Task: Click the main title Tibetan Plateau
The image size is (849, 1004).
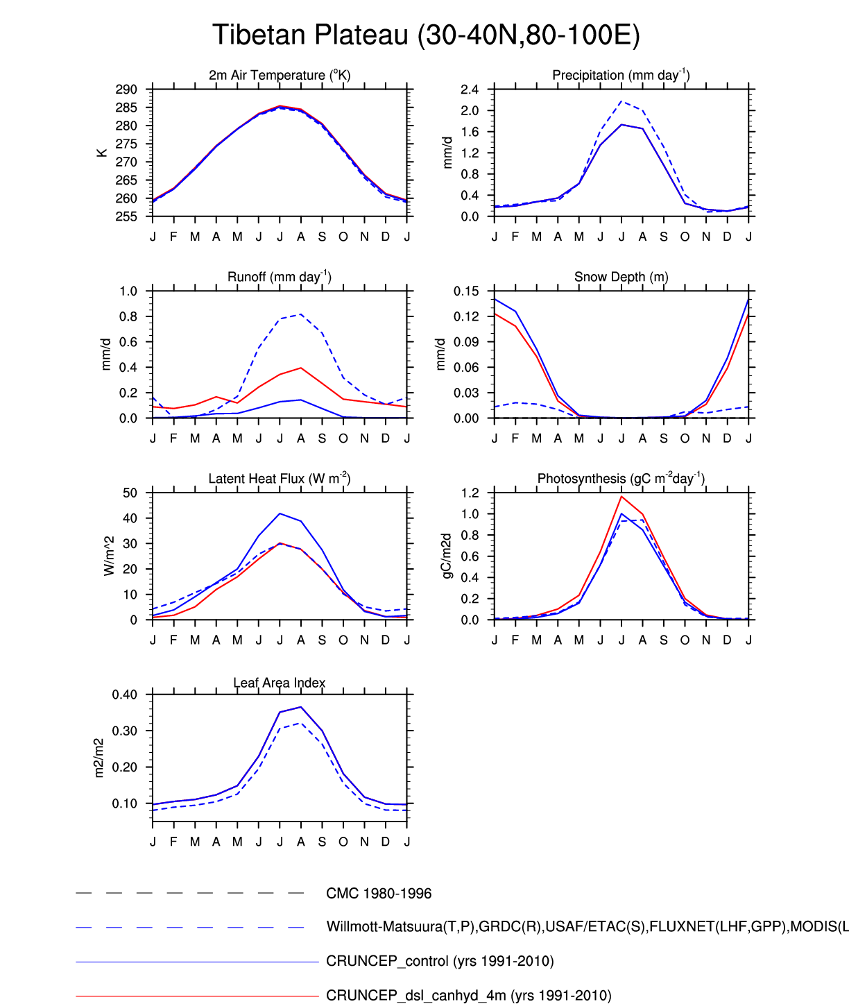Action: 425,35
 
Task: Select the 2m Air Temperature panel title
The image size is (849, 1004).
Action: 280,75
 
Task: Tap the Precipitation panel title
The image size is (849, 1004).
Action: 621,75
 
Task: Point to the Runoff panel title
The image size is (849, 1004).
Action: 280,277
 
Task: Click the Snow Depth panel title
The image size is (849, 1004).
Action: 621,277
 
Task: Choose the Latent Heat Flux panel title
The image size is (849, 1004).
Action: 280,479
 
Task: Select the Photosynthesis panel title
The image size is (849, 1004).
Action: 621,479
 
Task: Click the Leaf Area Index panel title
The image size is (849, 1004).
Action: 280,683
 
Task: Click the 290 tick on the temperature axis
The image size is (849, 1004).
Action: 127,90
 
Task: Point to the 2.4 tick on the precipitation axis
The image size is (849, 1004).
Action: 470,90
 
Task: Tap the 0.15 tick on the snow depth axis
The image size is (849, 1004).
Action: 467,291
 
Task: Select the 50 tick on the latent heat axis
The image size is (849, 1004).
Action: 130,493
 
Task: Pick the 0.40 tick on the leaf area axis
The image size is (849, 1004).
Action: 125,695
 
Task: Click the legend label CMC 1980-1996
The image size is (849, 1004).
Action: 379,894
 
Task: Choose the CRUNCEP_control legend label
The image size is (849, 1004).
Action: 440,962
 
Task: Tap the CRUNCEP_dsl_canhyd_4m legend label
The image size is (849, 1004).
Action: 469,996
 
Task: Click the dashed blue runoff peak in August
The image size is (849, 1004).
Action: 301,314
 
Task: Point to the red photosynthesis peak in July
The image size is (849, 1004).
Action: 621,497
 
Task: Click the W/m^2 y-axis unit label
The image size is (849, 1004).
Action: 109,556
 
